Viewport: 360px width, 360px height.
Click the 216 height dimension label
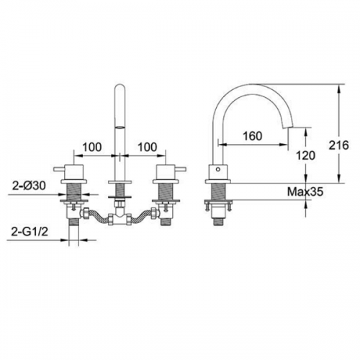338,145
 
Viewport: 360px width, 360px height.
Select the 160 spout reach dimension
253,136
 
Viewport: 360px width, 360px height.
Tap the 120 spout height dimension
305,156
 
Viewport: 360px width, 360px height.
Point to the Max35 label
305,192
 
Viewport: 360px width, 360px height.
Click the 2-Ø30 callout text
29,186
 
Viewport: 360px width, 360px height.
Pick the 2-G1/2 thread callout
30,232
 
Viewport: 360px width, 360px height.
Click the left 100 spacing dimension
92,147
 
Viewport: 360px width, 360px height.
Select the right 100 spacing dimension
148,147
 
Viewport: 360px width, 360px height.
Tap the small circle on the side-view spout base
218,169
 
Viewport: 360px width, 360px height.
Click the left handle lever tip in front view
55,169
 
